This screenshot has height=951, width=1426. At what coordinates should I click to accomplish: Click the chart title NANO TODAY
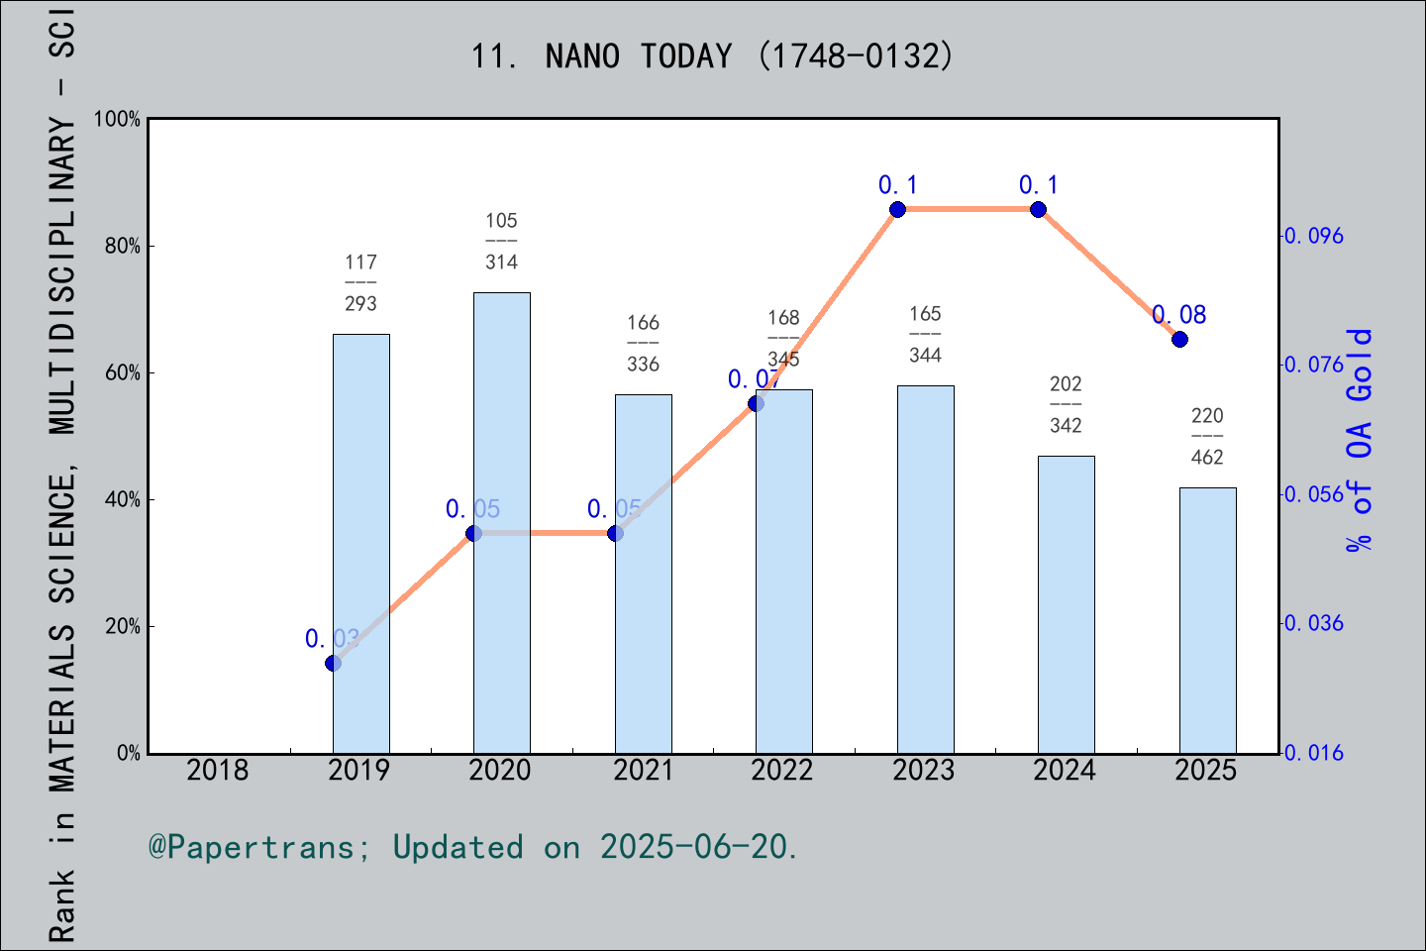tap(712, 56)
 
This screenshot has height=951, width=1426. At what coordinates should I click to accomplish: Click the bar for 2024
tap(1066, 604)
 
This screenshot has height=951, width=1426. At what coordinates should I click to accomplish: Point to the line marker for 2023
tap(897, 209)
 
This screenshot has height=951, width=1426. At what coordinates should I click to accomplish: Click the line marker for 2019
tap(334, 663)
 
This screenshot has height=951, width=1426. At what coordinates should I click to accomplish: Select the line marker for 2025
tap(1179, 339)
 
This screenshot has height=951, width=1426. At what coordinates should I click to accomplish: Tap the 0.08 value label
tap(1179, 315)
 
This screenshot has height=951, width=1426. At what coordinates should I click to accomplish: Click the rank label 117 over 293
tap(360, 282)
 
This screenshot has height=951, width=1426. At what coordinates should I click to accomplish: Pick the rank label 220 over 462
tap(1207, 436)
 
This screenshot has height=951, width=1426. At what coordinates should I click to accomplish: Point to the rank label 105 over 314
tap(501, 241)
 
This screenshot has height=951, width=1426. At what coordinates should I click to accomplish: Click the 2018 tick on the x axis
tap(218, 770)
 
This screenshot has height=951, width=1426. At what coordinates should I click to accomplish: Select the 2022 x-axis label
tap(782, 770)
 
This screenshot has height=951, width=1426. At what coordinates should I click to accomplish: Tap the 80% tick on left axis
tap(123, 246)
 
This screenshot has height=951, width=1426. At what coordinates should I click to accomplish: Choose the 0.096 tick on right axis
tap(1314, 236)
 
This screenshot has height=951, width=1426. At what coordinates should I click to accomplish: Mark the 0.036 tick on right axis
tap(1314, 623)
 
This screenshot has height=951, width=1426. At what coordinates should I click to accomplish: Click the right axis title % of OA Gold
tap(1360, 440)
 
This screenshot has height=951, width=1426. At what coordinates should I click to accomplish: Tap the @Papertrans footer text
tap(473, 847)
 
